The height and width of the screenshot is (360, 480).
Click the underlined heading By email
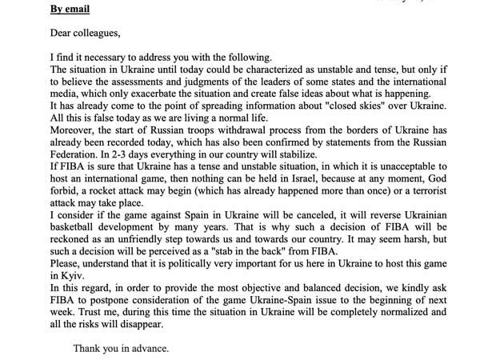click(x=70, y=10)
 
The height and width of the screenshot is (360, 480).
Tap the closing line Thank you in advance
click(x=120, y=349)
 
